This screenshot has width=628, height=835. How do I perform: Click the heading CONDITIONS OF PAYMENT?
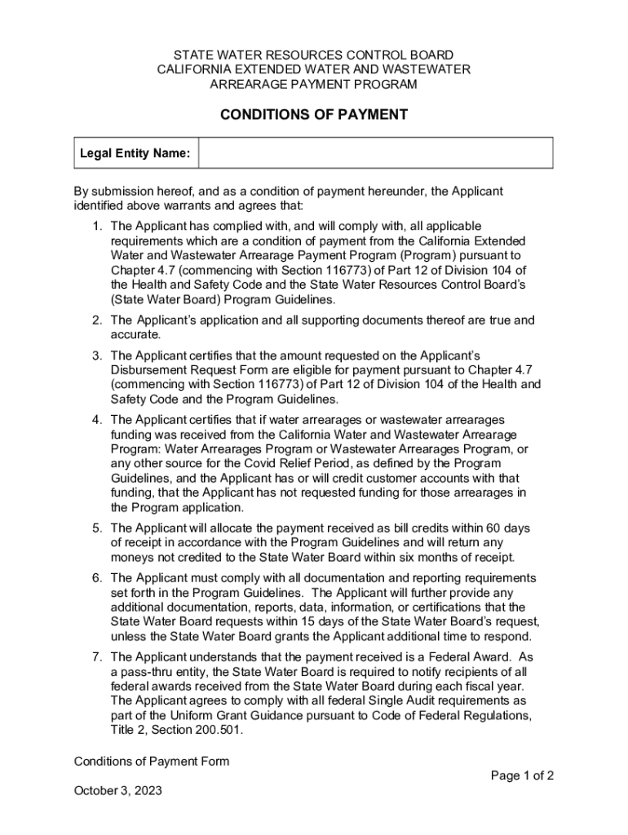click(314, 115)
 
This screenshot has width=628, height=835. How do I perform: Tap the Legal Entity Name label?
click(135, 153)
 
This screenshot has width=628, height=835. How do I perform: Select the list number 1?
click(96, 226)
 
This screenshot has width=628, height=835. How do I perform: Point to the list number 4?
click(96, 420)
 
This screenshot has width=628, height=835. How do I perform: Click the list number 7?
click(96, 657)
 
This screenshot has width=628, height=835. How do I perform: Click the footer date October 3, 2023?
click(118, 791)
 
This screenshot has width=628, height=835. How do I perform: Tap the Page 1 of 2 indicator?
click(522, 775)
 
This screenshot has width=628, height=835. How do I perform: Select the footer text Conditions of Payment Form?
click(152, 762)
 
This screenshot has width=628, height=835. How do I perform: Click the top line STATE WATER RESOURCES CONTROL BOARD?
click(314, 55)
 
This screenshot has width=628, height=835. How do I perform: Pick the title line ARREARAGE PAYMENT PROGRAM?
click(314, 84)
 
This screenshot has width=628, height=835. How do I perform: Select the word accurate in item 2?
click(135, 335)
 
